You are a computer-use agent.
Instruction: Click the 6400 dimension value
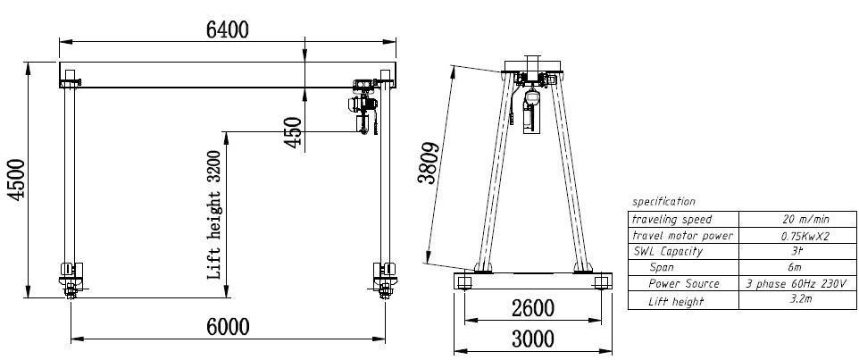tap(227, 29)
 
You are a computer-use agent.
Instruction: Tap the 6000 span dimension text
tap(228, 327)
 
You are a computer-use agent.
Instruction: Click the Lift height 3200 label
tap(214, 214)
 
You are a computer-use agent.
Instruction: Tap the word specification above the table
tap(663, 202)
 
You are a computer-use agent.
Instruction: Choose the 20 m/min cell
tap(792, 219)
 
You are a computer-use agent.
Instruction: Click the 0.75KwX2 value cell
tap(792, 236)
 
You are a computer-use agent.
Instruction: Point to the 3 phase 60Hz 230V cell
tap(792, 284)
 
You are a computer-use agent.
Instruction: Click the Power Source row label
tap(683, 284)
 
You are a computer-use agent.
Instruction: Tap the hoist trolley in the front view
tap(365, 103)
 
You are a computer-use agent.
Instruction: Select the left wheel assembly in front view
tap(71, 276)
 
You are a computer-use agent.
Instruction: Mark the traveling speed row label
tap(672, 219)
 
